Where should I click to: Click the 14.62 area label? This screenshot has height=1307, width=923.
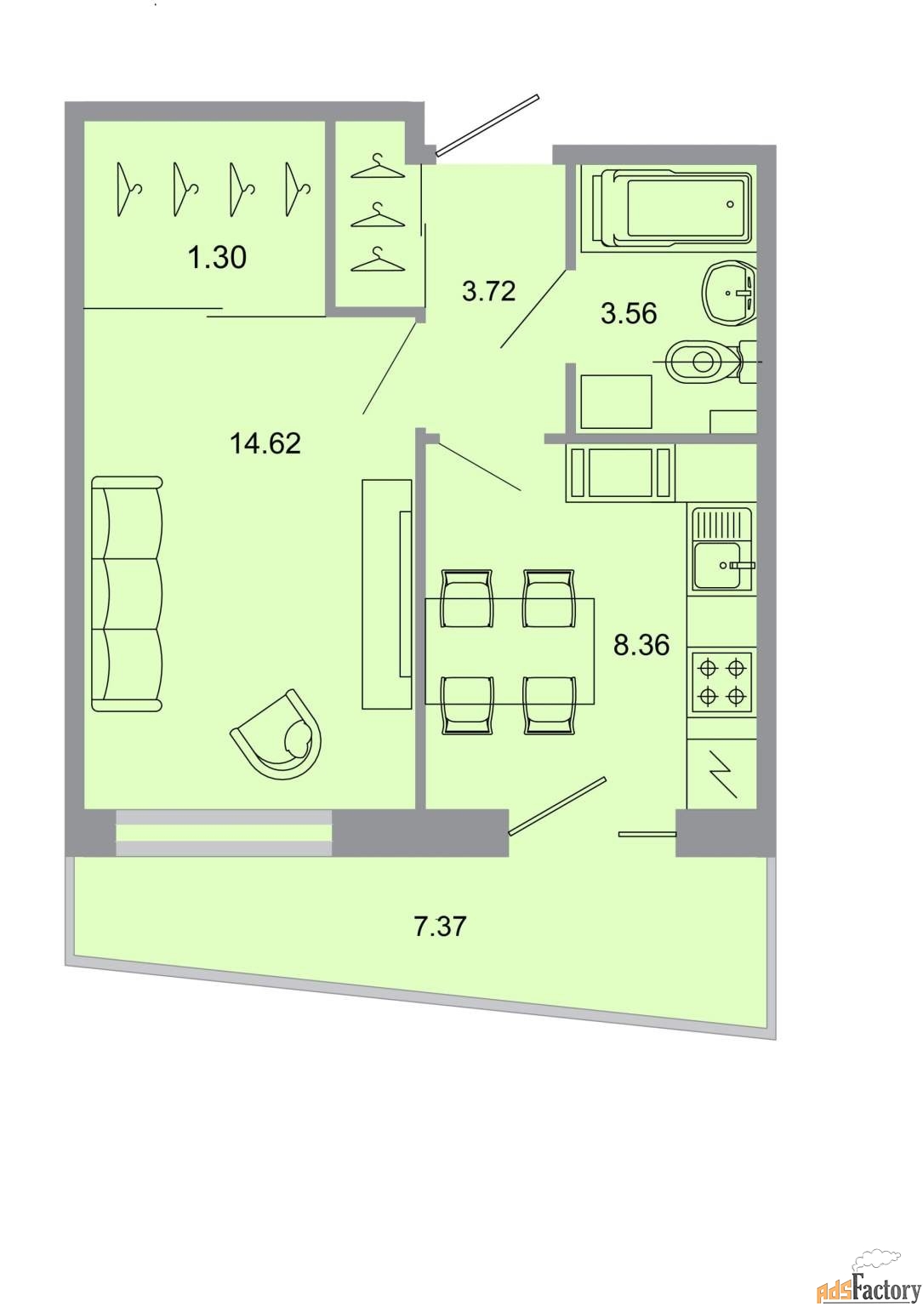(265, 443)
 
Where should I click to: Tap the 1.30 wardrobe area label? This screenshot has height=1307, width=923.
(217, 257)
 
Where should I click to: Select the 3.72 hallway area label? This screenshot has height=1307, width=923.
(489, 290)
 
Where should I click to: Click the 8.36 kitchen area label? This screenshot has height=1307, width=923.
(641, 645)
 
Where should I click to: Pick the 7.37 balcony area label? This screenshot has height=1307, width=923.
(441, 926)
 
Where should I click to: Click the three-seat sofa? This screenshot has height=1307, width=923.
(128, 593)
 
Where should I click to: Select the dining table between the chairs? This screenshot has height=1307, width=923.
(510, 651)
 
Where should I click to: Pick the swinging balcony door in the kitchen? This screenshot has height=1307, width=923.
(558, 807)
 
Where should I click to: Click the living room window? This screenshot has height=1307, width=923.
(224, 833)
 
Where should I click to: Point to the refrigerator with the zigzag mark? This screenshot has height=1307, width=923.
(721, 774)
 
